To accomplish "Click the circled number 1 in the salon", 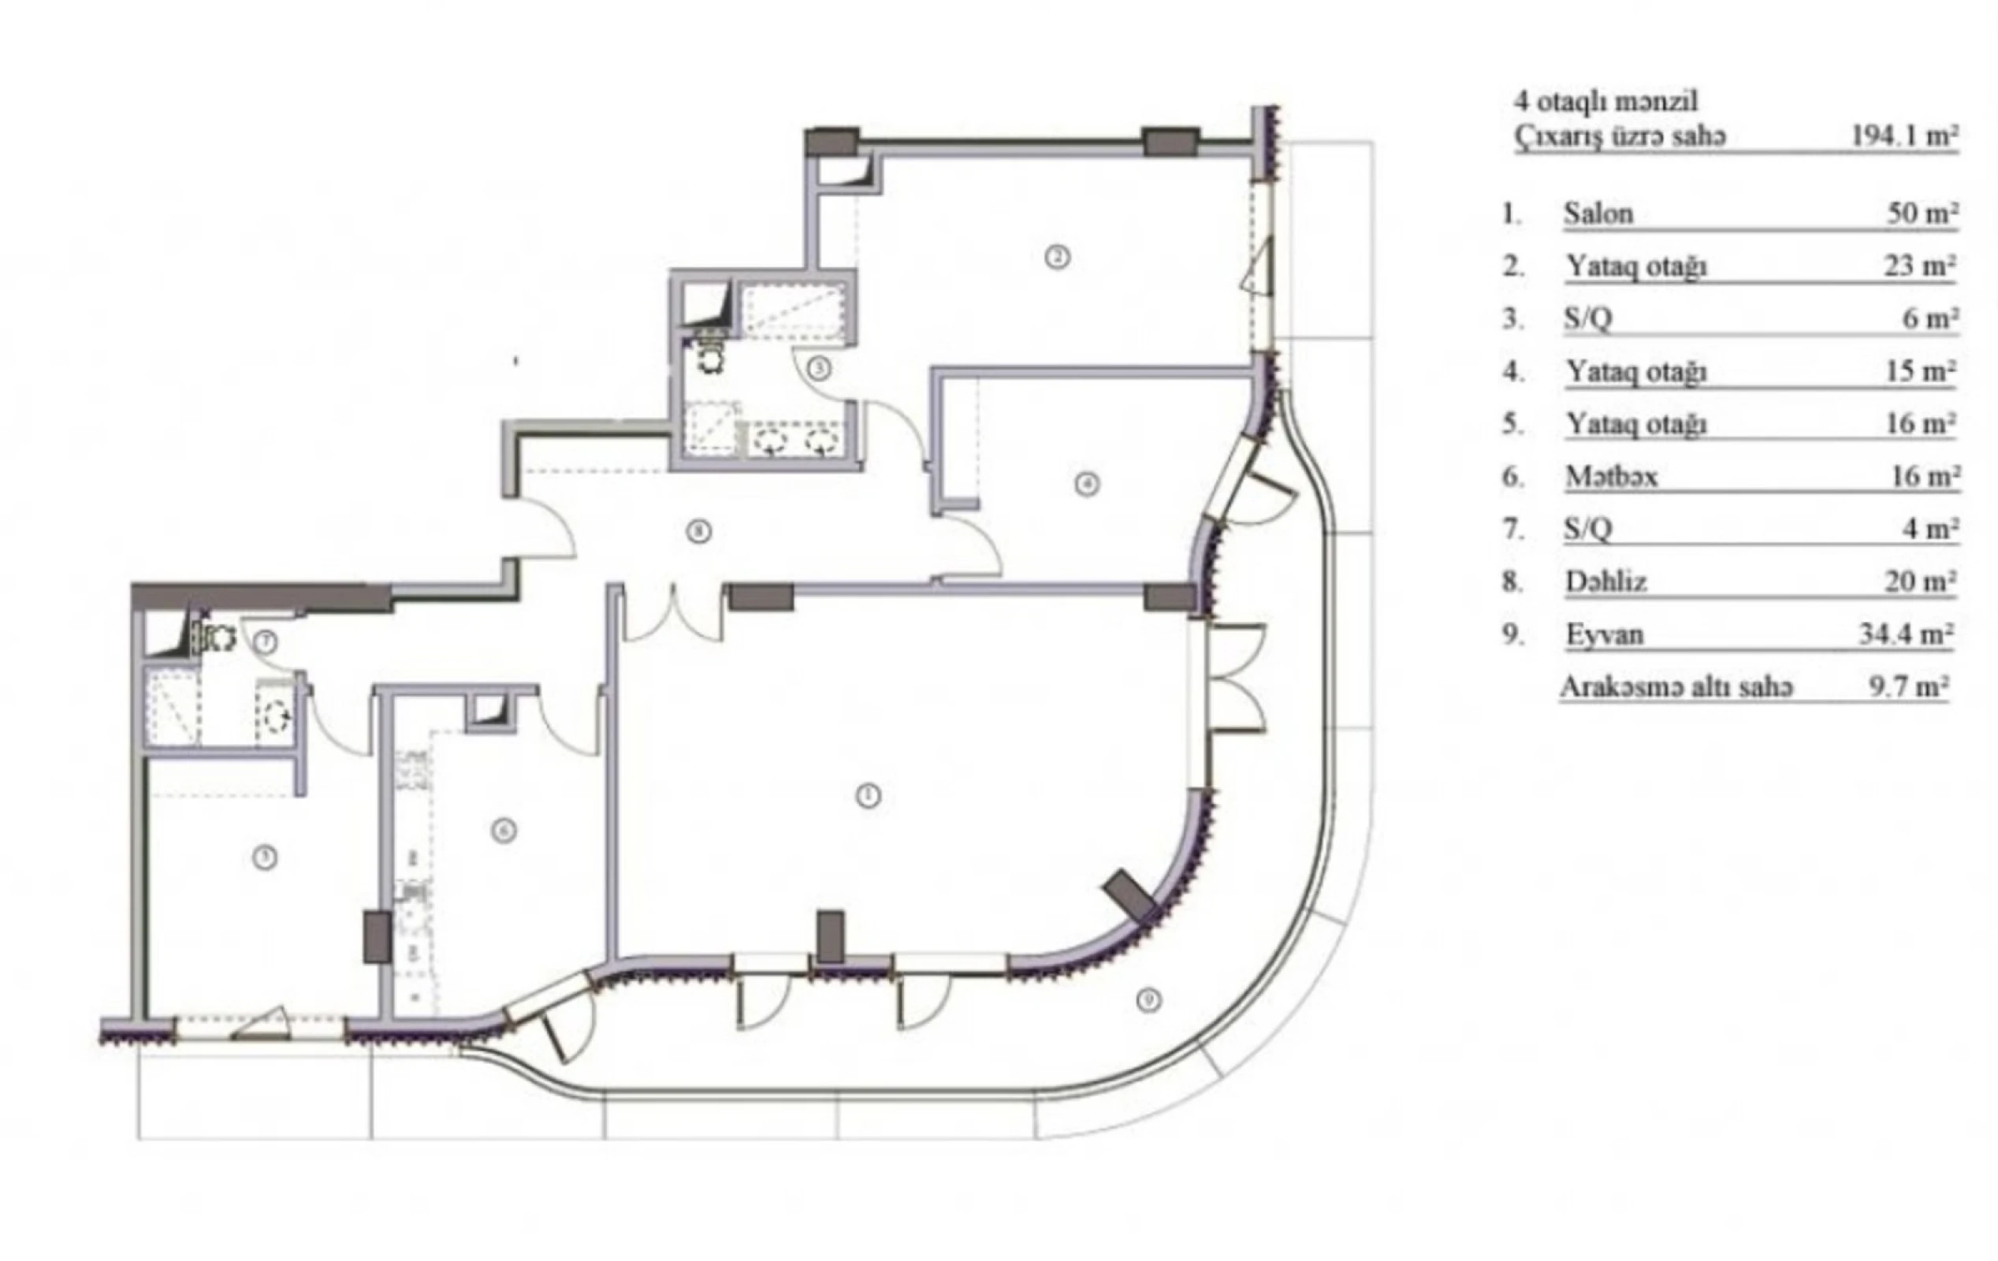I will (868, 797).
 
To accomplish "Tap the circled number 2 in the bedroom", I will (1056, 257).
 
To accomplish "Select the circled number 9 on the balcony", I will (1148, 1000).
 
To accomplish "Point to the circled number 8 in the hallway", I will (698, 531).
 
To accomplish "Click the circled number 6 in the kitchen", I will (504, 831).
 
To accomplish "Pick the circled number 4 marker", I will (1087, 484).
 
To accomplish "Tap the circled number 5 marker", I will (265, 858).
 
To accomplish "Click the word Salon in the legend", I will (1598, 214).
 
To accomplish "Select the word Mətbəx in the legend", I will (1610, 477).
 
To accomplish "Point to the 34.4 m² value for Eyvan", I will (1905, 634).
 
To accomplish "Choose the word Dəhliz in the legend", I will (1605, 582).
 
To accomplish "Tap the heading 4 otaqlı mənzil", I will (1605, 101).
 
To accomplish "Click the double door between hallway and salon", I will (674, 614).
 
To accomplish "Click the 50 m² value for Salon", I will (1922, 214).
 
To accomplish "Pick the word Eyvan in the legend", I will (1604, 634).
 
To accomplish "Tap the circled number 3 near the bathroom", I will (819, 368).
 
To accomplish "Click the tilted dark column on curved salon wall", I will (1130, 896).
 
